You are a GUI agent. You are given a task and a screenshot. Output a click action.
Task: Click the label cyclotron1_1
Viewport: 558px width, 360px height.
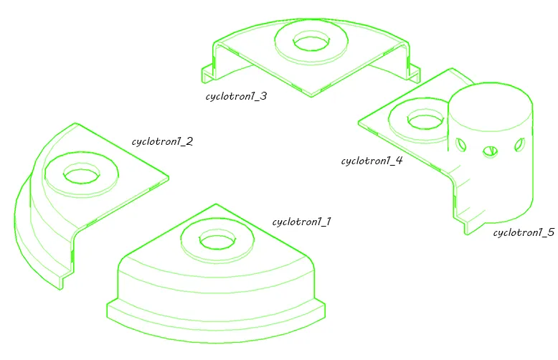pos(302,222)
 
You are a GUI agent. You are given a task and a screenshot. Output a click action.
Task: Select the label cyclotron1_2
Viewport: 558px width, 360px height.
pos(162,141)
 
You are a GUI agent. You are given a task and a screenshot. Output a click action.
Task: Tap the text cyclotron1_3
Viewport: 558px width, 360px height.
pos(236,96)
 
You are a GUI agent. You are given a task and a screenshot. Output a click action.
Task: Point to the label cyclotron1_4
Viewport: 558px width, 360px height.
pos(372,161)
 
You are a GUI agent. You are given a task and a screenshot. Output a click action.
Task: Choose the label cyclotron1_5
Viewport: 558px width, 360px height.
pos(524,232)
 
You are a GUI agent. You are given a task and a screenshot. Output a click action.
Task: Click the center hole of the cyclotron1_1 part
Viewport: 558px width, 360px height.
pos(217,240)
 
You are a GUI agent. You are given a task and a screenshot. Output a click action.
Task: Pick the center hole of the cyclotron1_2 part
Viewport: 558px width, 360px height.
pos(82,174)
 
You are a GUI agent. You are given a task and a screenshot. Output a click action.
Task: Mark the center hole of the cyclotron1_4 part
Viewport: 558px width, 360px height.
pos(425,120)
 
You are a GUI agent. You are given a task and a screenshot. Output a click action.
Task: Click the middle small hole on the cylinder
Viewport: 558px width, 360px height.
pos(491,152)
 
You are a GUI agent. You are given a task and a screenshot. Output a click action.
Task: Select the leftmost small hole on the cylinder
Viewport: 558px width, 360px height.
pos(461,145)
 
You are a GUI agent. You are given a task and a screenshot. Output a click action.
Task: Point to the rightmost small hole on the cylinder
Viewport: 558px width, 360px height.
pos(519,144)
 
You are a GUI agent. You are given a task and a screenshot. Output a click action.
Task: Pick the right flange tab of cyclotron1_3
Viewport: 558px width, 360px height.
pos(414,72)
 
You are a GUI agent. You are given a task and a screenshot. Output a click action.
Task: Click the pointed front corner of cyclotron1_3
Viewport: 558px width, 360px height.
pos(311,96)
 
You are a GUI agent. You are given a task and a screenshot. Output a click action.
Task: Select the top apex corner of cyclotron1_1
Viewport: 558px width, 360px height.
pos(216,204)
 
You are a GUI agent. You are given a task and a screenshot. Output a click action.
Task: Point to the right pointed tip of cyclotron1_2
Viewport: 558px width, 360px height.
pos(168,178)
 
